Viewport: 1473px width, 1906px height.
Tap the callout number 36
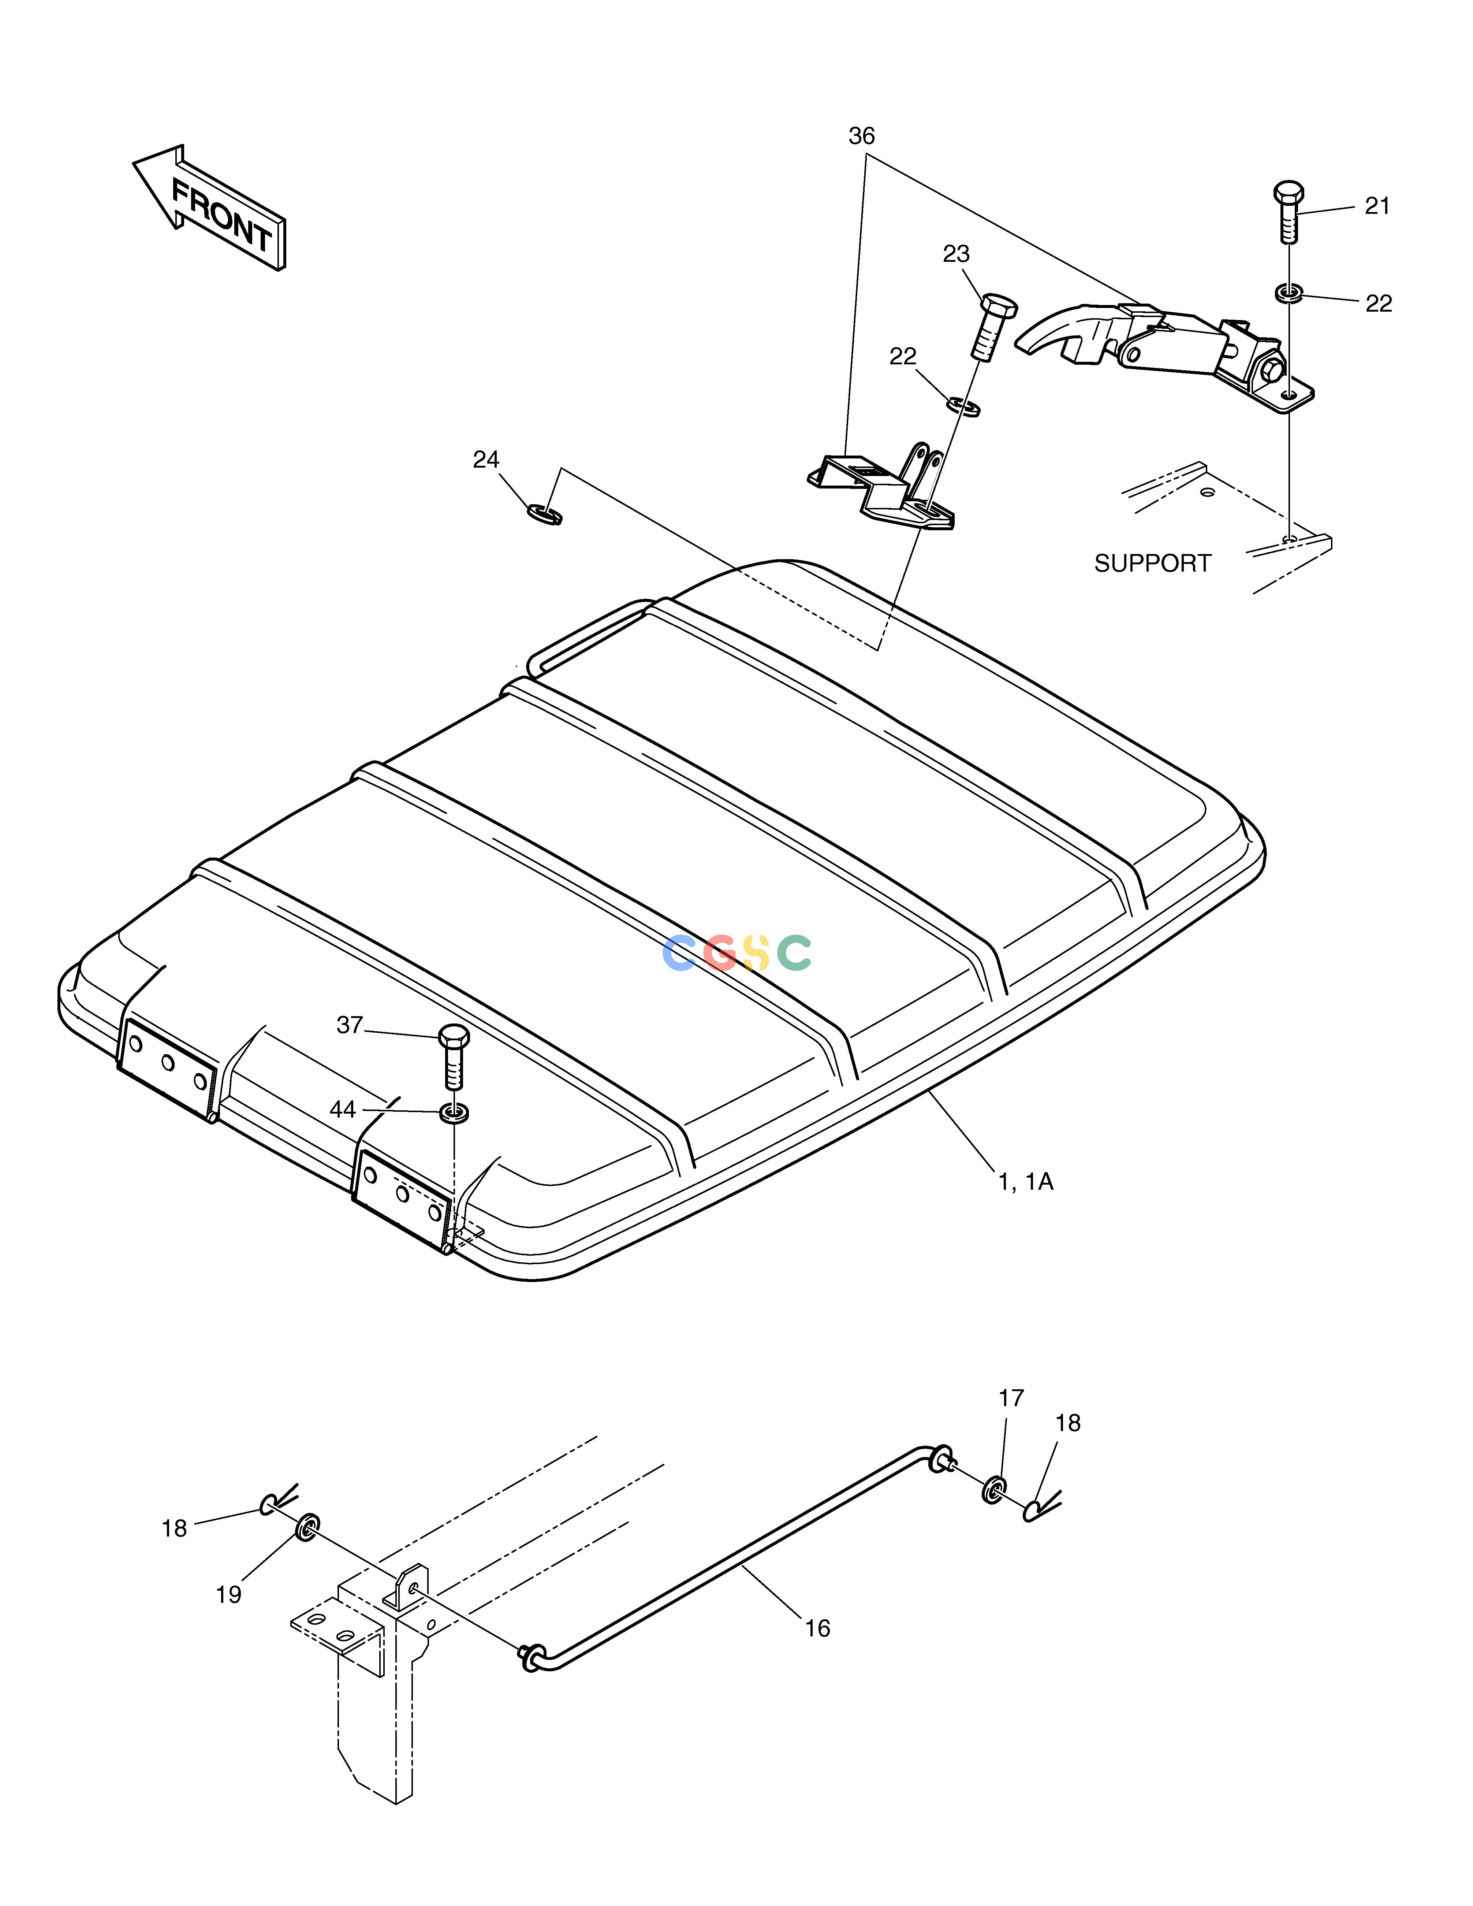[861, 136]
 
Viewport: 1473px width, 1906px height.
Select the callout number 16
[817, 1628]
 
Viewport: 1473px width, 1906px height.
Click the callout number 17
[1011, 1398]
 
